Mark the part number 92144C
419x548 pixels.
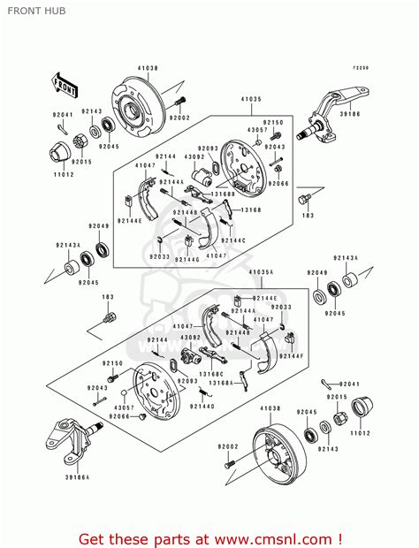233,240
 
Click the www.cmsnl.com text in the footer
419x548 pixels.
270,537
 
